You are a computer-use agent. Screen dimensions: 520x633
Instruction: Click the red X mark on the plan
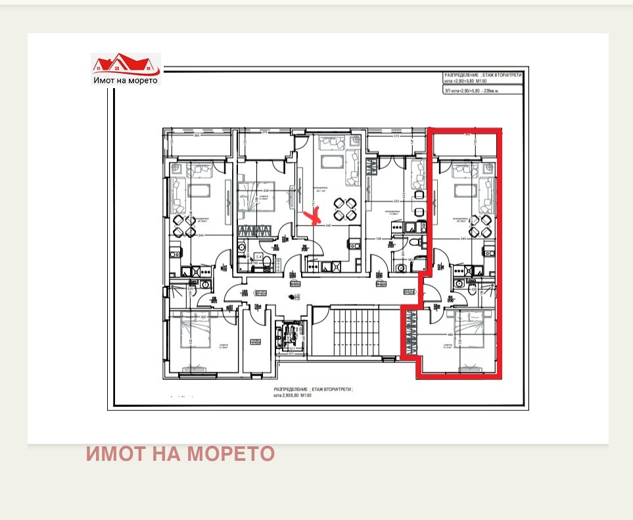tap(314, 214)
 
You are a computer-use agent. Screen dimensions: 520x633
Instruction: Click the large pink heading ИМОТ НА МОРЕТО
tap(180, 454)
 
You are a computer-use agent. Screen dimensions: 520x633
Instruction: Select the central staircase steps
tap(355, 332)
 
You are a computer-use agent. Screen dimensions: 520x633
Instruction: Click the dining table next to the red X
tap(344, 209)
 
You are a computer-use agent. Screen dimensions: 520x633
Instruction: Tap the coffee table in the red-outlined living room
tap(465, 191)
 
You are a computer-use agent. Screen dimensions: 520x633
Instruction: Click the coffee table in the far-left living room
tap(198, 191)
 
